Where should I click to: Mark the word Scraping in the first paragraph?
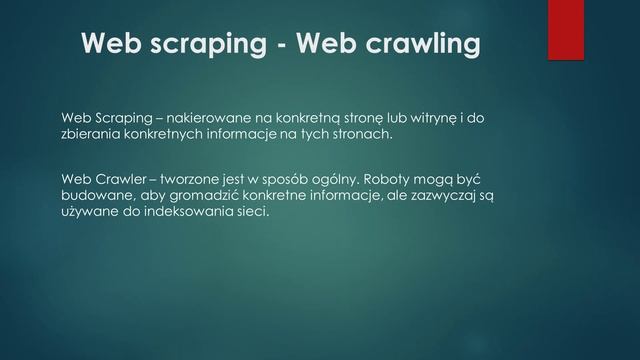click(120, 118)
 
